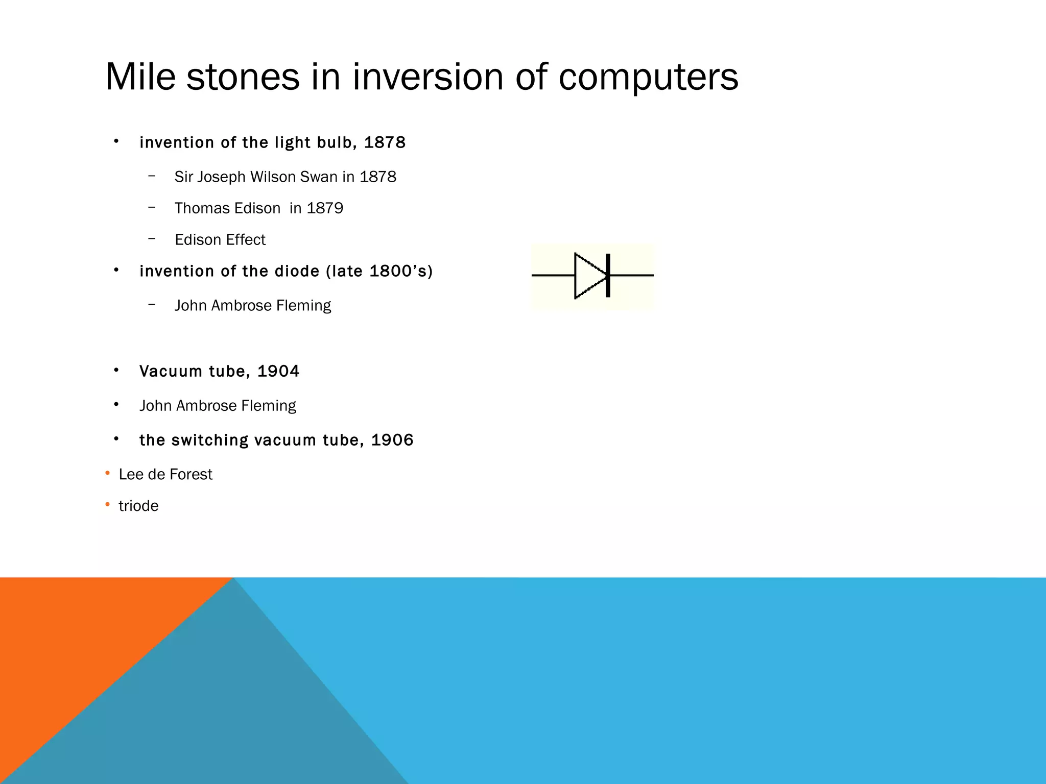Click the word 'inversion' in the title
pyautogui.click(x=427, y=77)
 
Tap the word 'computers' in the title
pyautogui.click(x=648, y=77)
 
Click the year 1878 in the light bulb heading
pyautogui.click(x=385, y=142)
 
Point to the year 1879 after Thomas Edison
pyautogui.click(x=325, y=208)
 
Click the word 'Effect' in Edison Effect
pyautogui.click(x=247, y=239)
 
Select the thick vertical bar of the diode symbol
pyautogui.click(x=608, y=276)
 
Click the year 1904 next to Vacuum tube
pyautogui.click(x=278, y=371)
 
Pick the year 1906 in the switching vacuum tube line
pyautogui.click(x=392, y=440)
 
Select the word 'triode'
pyautogui.click(x=138, y=506)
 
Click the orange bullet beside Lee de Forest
pyautogui.click(x=107, y=474)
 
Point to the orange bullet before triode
pyautogui.click(x=107, y=505)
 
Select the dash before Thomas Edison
pyautogui.click(x=152, y=207)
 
